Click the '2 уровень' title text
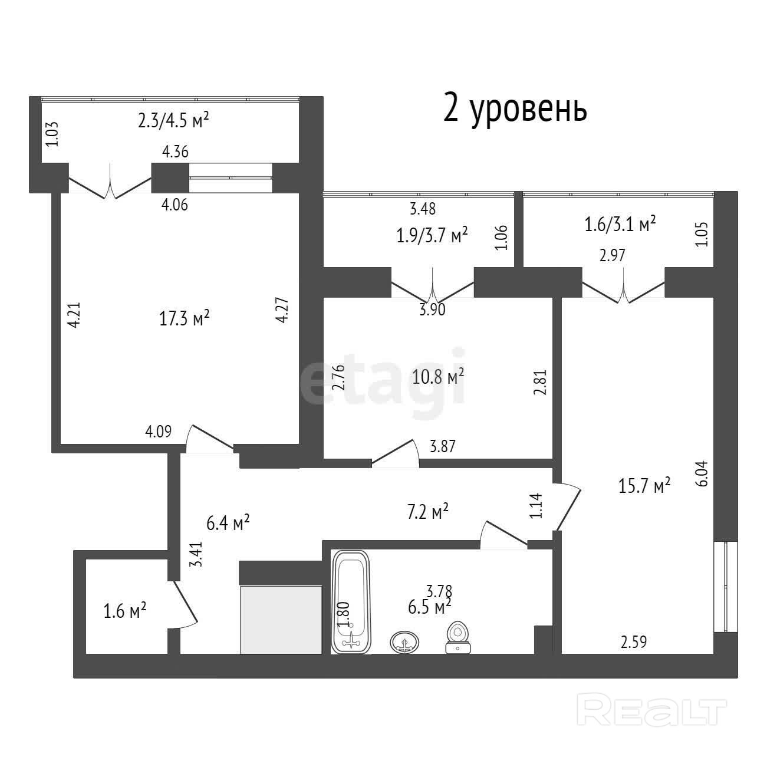515,109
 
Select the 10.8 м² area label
438,376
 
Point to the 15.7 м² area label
644,485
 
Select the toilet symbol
457,637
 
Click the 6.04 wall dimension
703,473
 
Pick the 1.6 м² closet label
125,610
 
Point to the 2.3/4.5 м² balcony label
173,120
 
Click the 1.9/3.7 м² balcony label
432,235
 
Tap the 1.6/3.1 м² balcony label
620,224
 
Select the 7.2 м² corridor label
428,511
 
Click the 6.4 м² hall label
228,522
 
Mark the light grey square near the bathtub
281,620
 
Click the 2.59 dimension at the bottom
634,642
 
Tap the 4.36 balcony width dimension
175,152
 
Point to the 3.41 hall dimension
196,554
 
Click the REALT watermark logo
651,714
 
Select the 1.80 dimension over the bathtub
343,614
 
